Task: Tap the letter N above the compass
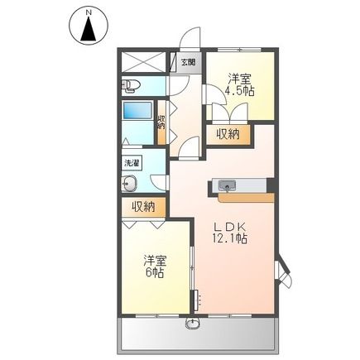88,12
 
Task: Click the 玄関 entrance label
188,62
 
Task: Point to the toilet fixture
133,85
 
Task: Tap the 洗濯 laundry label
132,164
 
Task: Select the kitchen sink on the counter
228,185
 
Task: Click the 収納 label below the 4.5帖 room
228,135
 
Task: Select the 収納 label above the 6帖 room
144,208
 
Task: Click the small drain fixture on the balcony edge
194,323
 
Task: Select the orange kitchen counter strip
245,197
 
